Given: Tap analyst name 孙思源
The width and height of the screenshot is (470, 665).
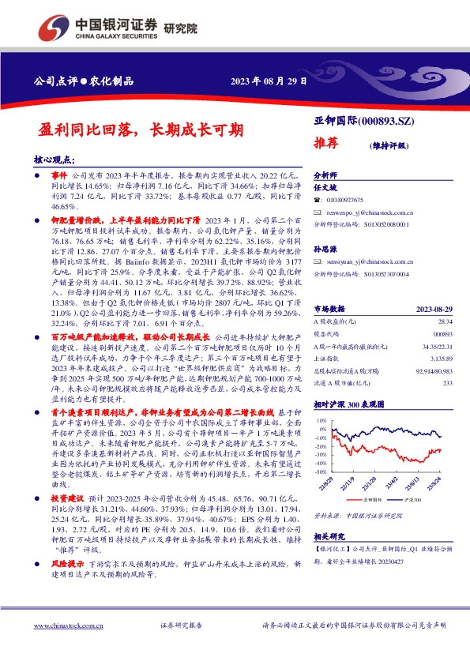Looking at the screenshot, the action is tap(325, 247).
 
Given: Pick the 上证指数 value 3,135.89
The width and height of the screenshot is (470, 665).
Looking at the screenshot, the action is tap(443, 356).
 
